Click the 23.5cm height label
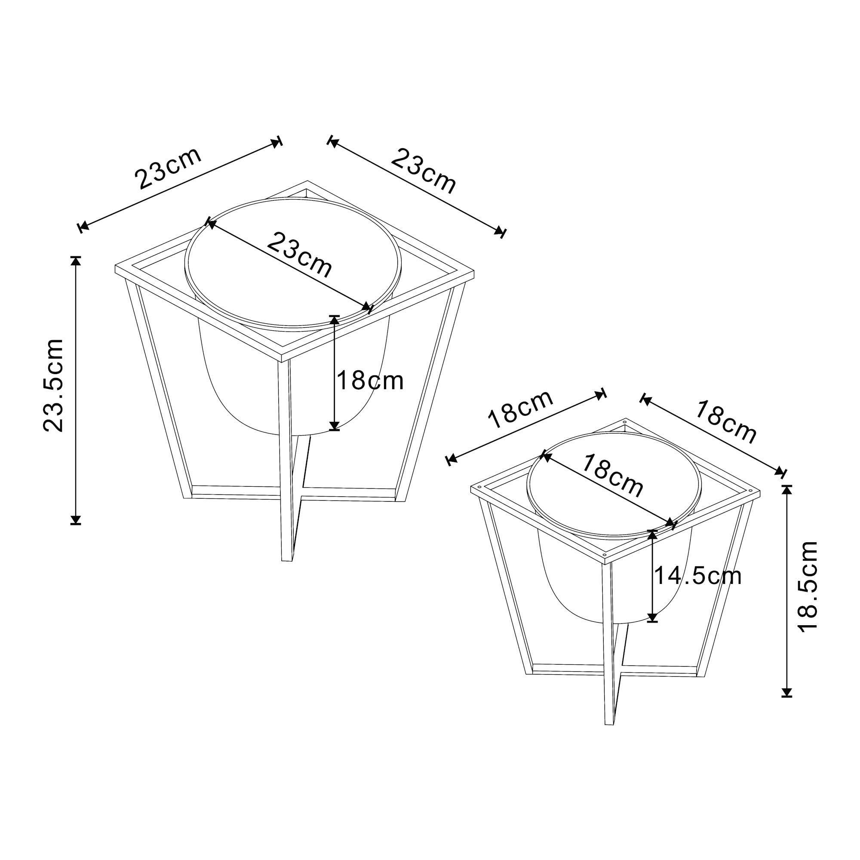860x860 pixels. coord(53,385)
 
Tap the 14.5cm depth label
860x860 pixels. coord(697,576)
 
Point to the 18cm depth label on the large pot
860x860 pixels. coord(370,381)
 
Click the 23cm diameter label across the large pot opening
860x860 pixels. coord(300,255)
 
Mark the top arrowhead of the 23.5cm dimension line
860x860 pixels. coord(76,261)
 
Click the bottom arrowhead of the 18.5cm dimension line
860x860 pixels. coord(787,692)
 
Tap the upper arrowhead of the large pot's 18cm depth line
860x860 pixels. coord(334,320)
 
